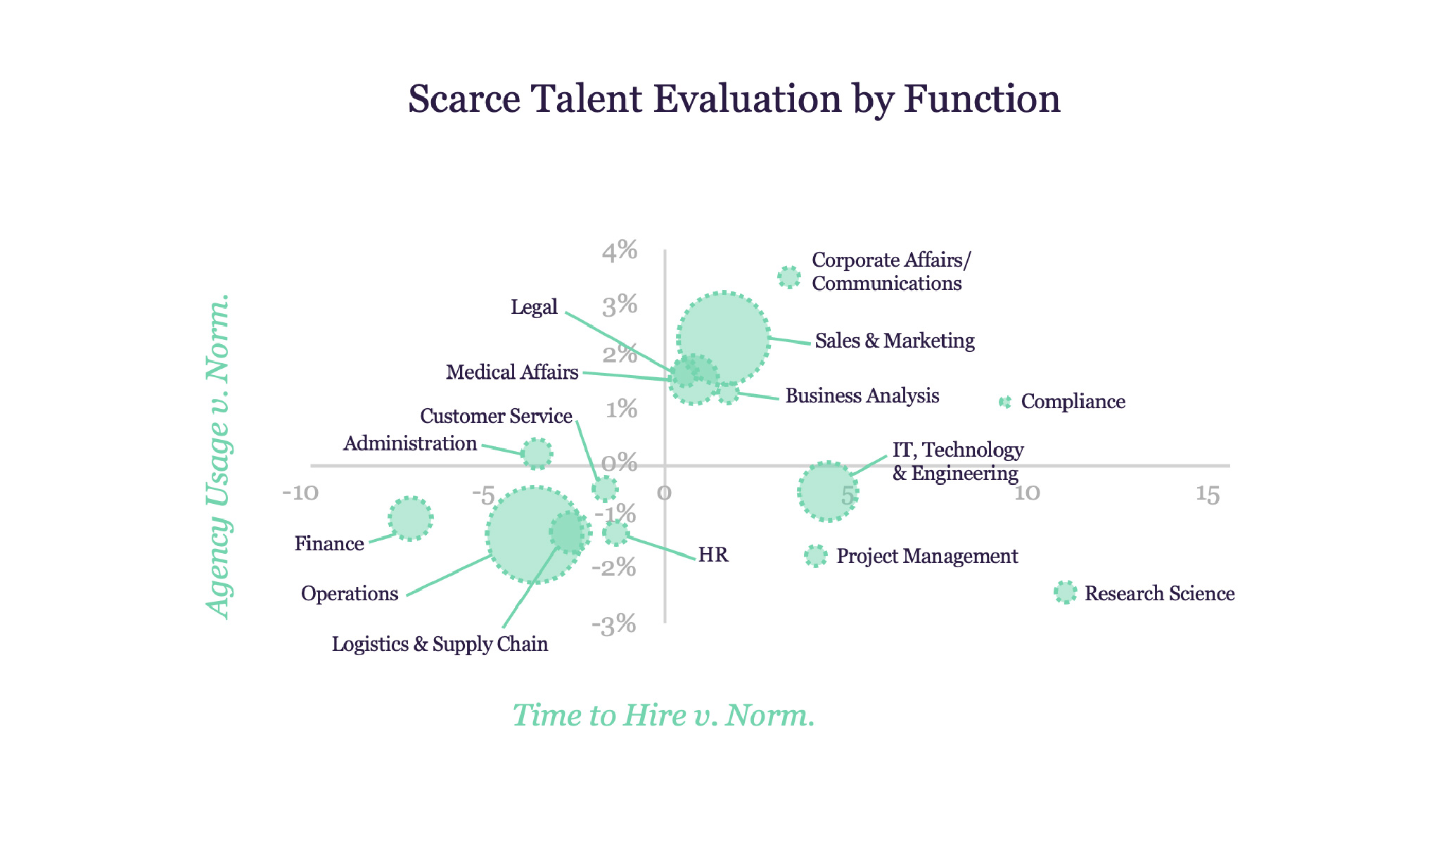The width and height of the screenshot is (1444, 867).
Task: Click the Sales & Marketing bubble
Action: click(723, 338)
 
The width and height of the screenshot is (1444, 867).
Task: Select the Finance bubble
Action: click(411, 519)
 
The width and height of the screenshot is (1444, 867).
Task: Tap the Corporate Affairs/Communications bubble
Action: click(789, 277)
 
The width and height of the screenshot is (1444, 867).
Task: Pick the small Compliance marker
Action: click(1005, 402)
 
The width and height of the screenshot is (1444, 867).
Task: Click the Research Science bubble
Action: click(1066, 593)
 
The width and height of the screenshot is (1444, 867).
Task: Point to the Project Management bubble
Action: click(816, 556)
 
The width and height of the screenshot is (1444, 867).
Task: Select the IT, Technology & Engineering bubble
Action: click(828, 491)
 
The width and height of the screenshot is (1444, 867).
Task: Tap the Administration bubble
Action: click(537, 454)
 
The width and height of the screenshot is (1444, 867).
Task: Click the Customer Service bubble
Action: click(605, 488)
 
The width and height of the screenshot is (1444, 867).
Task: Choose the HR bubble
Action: click(616, 533)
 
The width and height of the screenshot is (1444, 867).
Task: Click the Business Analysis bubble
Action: click(728, 392)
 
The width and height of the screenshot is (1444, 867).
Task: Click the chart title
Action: click(734, 99)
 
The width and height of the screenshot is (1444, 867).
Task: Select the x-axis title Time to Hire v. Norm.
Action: click(663, 715)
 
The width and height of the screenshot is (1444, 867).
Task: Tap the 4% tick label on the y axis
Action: click(620, 251)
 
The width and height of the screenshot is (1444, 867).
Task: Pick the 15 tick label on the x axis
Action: click(1208, 495)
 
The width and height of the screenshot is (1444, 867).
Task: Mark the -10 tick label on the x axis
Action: click(300, 493)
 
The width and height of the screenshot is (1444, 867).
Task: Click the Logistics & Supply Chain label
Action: click(440, 644)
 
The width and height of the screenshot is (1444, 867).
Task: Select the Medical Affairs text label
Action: click(512, 372)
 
